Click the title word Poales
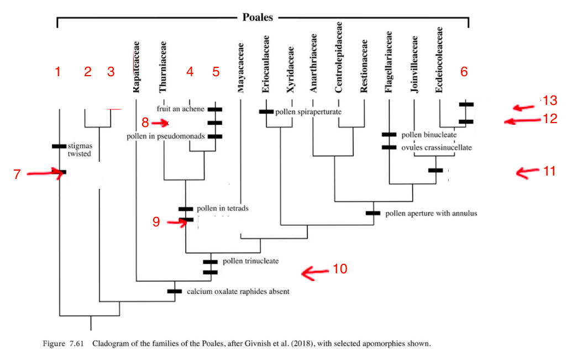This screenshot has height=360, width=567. (x=258, y=17)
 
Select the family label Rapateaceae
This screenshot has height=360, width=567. (x=136, y=66)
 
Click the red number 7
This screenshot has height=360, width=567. (x=17, y=174)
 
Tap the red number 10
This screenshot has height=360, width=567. (x=339, y=269)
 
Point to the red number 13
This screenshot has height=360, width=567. (x=549, y=100)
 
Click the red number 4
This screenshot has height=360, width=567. (x=190, y=72)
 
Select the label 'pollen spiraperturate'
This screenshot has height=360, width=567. (x=308, y=112)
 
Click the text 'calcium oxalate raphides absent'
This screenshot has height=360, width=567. (x=238, y=291)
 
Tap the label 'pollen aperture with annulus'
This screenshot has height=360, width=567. (x=431, y=213)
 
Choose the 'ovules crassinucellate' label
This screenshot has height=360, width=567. (x=437, y=147)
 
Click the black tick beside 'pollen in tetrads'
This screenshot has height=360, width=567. (x=186, y=209)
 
